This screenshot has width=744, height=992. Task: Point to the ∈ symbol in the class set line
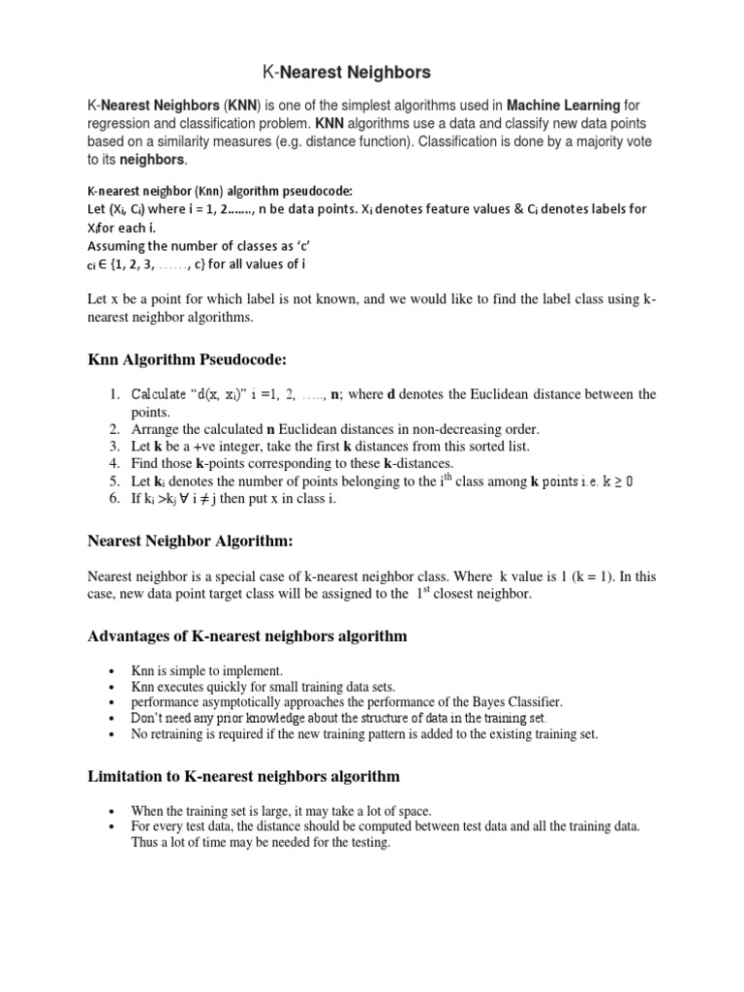[x=105, y=264]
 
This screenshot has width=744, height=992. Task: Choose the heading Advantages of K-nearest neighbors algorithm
[x=248, y=636]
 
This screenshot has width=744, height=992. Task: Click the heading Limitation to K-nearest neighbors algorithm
[x=244, y=777]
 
